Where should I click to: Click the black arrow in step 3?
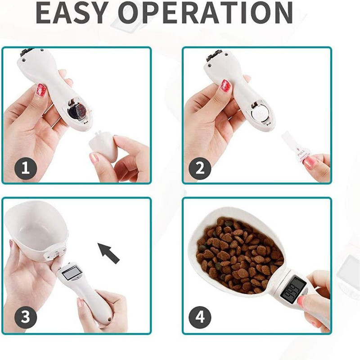pyautogui.click(x=108, y=252)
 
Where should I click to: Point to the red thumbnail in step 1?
pyautogui.click(x=41, y=90)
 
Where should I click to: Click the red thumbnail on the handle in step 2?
pyautogui.click(x=225, y=85)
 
